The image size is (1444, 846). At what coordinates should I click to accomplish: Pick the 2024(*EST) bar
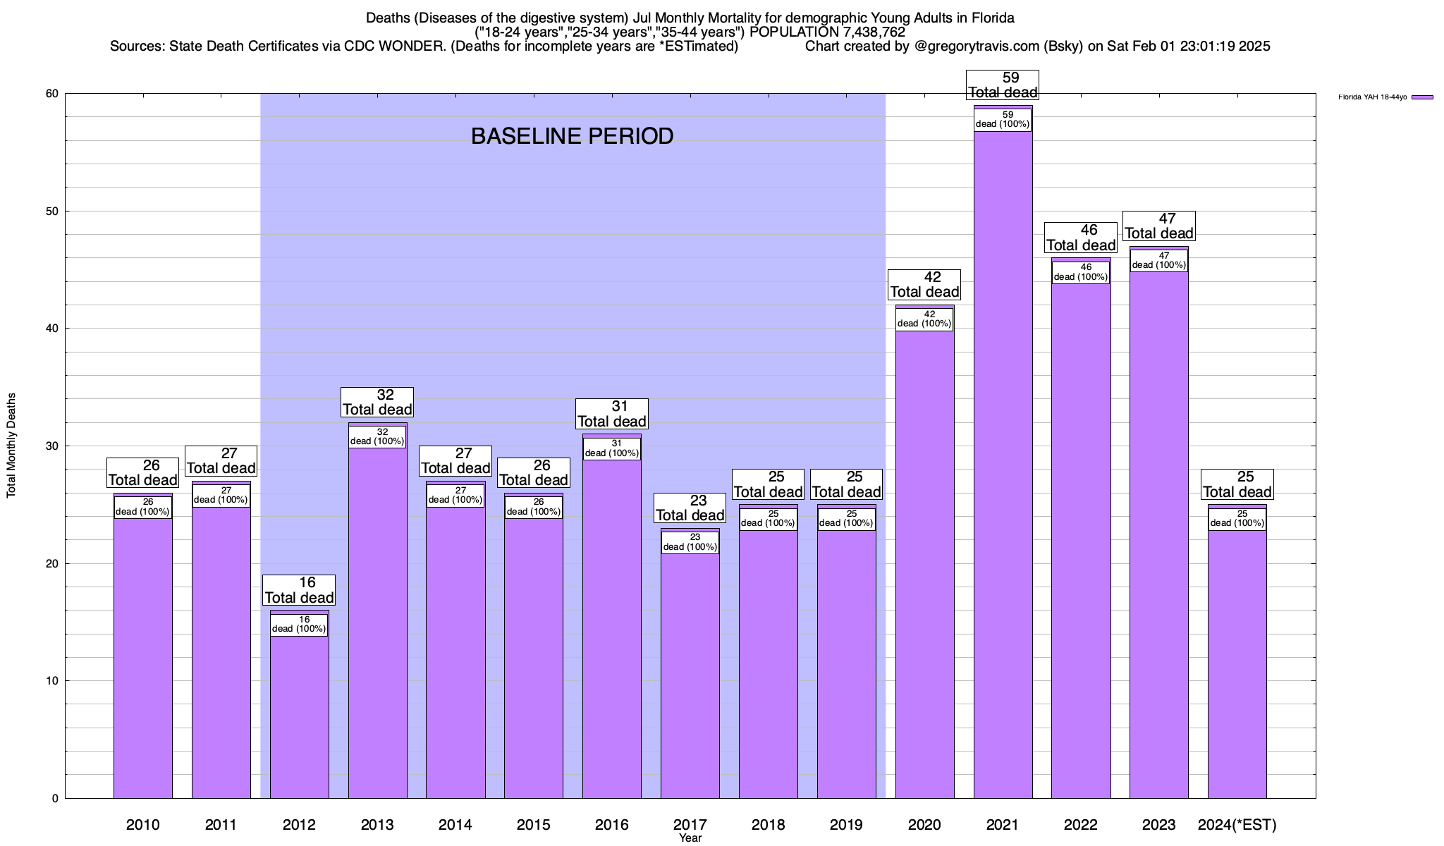1237,663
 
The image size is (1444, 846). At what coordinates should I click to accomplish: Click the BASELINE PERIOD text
572,136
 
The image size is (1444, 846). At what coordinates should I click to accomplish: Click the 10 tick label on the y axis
51,681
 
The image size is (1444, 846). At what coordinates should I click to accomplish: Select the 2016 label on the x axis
611,824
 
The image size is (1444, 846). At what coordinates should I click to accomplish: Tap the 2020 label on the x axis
924,824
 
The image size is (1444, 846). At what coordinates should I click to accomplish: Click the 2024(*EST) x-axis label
1237,824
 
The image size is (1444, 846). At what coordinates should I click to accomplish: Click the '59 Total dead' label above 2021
1003,85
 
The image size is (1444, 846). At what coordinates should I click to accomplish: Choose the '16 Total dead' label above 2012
299,590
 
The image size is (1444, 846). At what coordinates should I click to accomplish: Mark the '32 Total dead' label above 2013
377,403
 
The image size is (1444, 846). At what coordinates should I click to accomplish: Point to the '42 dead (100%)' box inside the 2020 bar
924,319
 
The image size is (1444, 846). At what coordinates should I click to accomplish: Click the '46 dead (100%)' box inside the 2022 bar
1081,272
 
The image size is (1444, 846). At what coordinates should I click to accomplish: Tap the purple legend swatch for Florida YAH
1422,97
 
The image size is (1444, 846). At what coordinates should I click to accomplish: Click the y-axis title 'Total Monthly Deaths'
11,446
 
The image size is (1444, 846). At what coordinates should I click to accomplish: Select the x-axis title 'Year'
690,838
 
